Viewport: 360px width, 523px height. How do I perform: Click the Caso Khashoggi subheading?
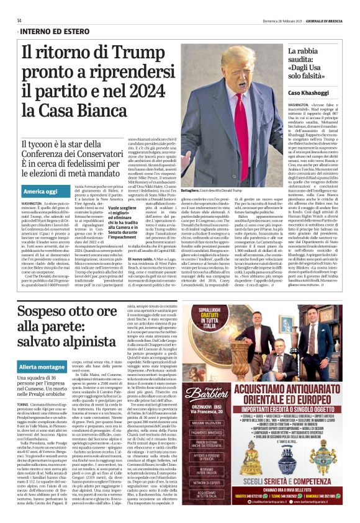307,92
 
